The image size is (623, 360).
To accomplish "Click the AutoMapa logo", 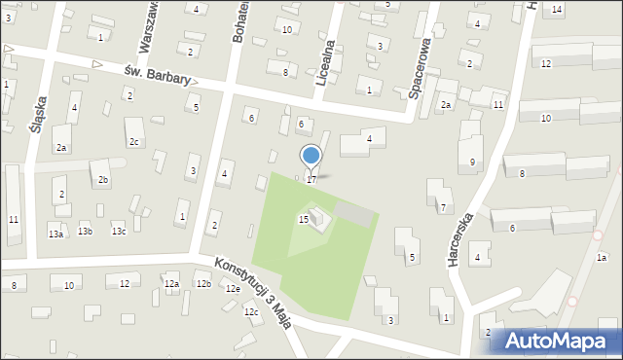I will [556, 341].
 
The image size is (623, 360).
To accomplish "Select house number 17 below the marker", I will [311, 180].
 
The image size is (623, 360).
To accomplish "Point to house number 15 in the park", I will [303, 220].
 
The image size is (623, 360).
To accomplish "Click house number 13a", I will [55, 234].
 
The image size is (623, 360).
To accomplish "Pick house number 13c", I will [118, 232].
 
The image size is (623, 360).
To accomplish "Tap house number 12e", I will [233, 289].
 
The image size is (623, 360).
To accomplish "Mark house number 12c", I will [251, 311].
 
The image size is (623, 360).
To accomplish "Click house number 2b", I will [103, 180].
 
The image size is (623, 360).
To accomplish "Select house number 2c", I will [134, 142].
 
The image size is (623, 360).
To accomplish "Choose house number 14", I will [557, 10].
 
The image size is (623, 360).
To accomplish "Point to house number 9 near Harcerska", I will [472, 162].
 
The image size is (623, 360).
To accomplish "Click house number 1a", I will [602, 257].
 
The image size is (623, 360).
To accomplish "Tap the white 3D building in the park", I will [319, 219].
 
